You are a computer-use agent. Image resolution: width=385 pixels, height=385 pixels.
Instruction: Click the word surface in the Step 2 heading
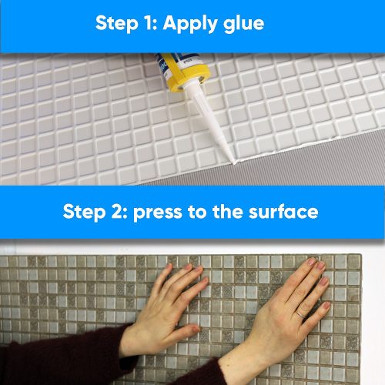(x=282, y=211)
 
